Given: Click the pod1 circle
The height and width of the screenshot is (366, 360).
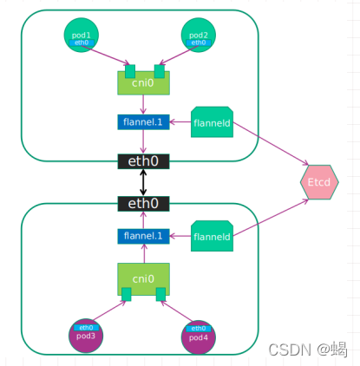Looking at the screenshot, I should coord(81,36).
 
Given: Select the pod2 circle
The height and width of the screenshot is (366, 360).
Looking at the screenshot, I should coord(199,36).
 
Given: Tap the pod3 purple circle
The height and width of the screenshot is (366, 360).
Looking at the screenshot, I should coord(85,334).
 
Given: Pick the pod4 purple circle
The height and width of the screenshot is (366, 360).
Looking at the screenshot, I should coord(199,336).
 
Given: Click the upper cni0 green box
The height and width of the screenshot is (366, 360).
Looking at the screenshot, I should coord(143,83).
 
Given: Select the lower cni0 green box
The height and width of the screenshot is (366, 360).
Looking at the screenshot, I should coord(143,279).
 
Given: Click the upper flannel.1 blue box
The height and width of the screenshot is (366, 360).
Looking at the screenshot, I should coord(143,122).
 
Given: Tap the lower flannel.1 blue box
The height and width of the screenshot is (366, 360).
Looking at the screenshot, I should coord(143,235).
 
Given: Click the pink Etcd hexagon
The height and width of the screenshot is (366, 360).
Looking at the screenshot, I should coord(313,182).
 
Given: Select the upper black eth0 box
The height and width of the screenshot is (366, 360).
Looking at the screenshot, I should coord(143,161).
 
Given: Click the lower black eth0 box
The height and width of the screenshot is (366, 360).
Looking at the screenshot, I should coord(143,203).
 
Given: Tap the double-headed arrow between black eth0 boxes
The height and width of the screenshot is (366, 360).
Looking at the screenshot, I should coord(143,182).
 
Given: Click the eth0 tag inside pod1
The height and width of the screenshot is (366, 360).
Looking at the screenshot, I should coord(81,42).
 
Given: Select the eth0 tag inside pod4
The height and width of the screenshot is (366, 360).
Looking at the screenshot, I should coord(199,328).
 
